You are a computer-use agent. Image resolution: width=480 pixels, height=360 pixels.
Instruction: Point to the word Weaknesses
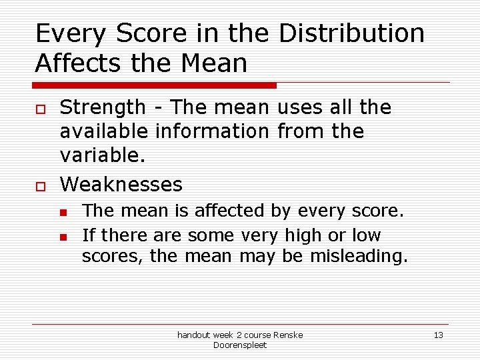click(121, 183)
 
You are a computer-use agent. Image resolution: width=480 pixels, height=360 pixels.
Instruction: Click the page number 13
click(438, 335)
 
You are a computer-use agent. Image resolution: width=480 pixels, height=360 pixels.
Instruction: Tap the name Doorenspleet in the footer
click(240, 345)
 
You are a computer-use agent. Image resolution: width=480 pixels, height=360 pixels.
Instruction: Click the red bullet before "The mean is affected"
click(63, 213)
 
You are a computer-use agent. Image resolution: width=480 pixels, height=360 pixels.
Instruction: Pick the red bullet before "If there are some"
click(63, 237)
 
